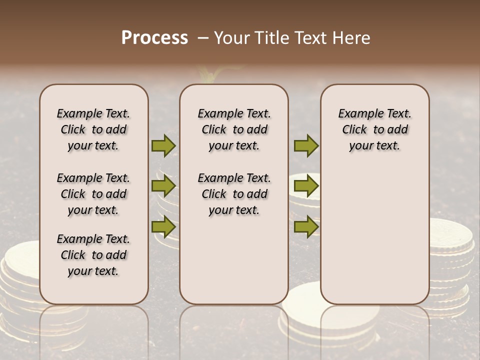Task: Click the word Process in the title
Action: click(154, 38)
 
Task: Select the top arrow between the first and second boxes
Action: click(163, 145)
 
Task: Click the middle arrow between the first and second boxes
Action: click(163, 186)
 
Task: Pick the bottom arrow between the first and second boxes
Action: click(163, 226)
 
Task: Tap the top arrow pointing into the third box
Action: click(306, 145)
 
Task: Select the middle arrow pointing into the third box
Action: click(306, 186)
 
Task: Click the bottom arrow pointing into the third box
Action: click(306, 226)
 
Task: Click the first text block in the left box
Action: click(93, 129)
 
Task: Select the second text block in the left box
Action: click(93, 194)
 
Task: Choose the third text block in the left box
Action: click(93, 255)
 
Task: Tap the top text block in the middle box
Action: click(234, 129)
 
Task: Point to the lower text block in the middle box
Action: click(234, 194)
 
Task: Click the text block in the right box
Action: click(374, 129)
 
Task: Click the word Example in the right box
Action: click(357, 114)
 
